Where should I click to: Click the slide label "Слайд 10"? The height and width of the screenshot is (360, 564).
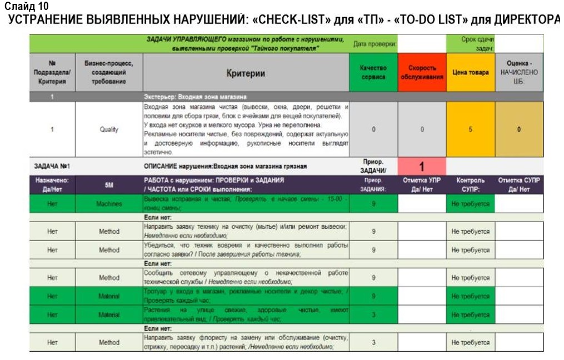[x=26, y=7]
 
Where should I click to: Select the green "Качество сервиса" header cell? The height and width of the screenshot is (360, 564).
[x=373, y=72]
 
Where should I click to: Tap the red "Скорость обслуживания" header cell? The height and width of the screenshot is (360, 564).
[x=422, y=72]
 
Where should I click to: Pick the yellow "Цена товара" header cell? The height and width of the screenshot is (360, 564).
[x=470, y=72]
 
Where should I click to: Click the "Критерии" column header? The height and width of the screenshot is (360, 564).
[x=246, y=73]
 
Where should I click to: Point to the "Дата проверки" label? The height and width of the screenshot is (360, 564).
[x=375, y=44]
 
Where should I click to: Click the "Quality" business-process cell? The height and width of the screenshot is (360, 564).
[x=109, y=129]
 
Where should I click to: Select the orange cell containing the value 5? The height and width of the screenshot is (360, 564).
[x=470, y=129]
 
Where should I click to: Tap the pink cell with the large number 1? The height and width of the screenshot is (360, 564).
[x=422, y=166]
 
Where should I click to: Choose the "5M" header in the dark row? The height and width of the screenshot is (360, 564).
[x=109, y=184]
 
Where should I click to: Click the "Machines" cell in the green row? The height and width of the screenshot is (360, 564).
[x=109, y=204]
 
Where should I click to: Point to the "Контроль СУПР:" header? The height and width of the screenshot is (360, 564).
[x=470, y=184]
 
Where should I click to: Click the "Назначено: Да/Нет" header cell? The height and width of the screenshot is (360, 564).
[x=52, y=184]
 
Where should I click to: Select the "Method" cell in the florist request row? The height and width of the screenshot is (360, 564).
[x=109, y=343]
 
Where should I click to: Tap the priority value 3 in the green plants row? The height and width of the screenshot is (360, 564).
[x=373, y=315]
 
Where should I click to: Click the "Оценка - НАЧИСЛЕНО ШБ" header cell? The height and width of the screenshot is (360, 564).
[x=519, y=72]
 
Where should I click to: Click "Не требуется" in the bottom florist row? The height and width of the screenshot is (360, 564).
[x=470, y=343]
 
